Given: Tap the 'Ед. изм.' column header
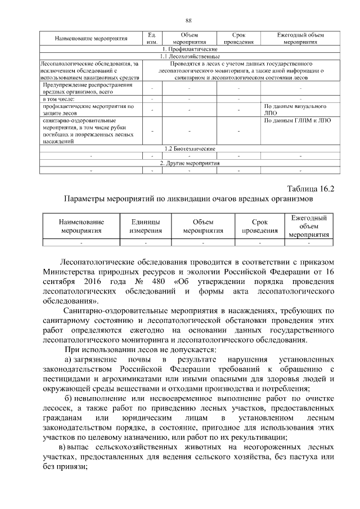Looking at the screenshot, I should pyautogui.click(x=151, y=38).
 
